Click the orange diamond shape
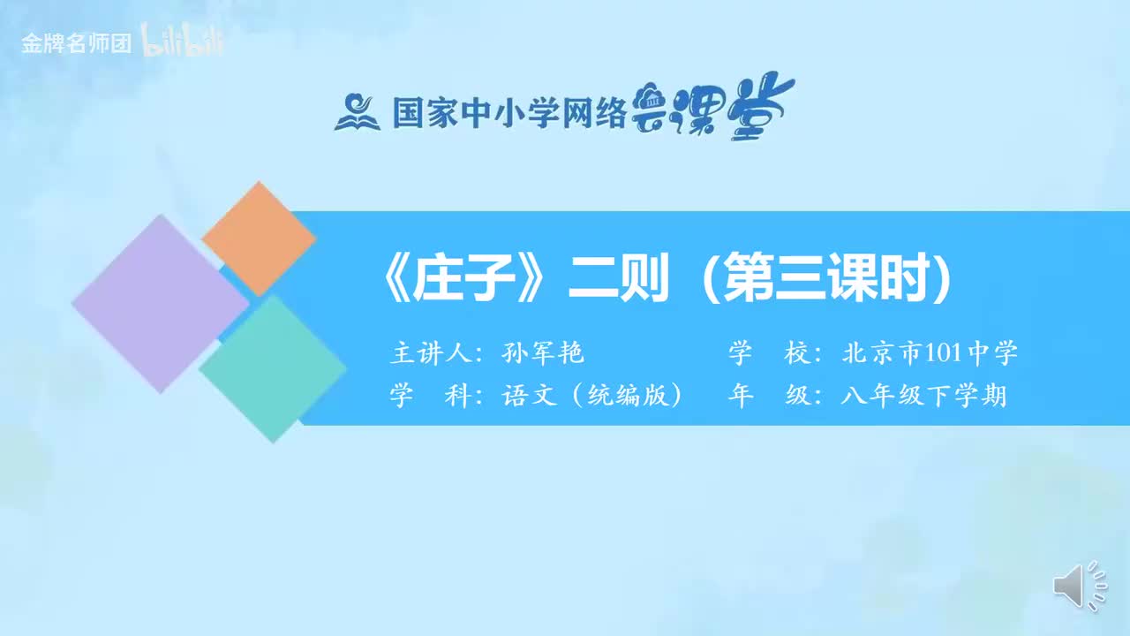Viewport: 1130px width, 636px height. tap(258, 238)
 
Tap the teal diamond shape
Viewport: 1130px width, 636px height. tap(273, 368)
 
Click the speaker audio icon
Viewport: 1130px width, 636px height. tap(1079, 586)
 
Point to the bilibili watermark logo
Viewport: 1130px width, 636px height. tap(183, 43)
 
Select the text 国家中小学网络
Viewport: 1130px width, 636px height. tap(508, 112)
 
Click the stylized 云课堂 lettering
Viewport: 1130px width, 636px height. tap(714, 108)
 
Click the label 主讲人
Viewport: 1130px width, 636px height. tap(429, 353)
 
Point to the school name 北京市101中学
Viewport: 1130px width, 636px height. tap(930, 353)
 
